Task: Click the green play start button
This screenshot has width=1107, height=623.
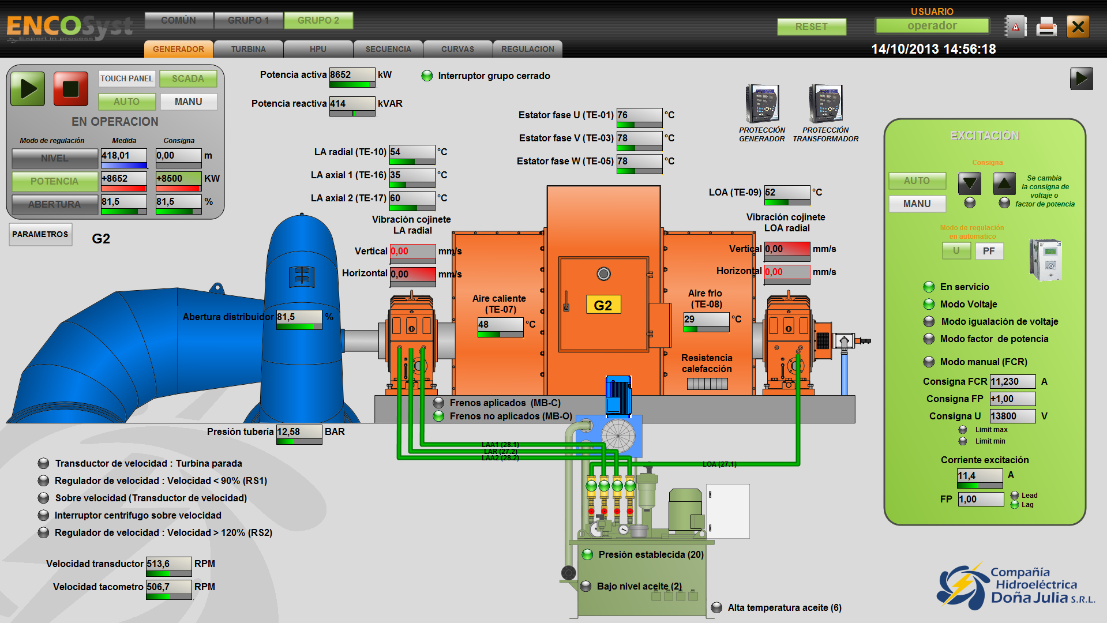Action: tap(28, 89)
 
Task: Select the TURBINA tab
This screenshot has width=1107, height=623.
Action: tap(248, 49)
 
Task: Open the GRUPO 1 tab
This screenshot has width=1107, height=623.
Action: tap(248, 21)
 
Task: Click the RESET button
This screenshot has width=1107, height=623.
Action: tap(811, 27)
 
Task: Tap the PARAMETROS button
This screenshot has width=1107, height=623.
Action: tap(40, 234)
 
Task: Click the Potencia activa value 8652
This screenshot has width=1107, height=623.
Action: tap(352, 75)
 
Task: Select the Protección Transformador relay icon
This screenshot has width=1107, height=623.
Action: tap(825, 104)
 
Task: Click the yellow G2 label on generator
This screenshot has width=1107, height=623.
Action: tap(603, 305)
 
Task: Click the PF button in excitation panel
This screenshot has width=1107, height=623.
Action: tap(989, 251)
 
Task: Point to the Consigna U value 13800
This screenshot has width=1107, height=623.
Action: tap(1012, 416)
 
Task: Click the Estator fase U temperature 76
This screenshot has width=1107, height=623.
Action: tap(639, 115)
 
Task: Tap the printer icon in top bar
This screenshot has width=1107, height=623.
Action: tap(1046, 27)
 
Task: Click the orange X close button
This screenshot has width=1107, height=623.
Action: tap(1078, 27)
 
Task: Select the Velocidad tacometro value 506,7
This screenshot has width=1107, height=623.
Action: tap(168, 587)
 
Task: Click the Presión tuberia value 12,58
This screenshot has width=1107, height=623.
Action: tap(298, 432)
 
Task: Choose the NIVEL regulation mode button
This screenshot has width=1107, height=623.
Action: tap(55, 158)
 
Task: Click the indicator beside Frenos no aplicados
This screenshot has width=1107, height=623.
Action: tap(439, 416)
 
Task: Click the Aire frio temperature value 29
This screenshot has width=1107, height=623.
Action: tap(706, 320)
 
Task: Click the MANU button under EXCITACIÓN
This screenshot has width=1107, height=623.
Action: tap(917, 204)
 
